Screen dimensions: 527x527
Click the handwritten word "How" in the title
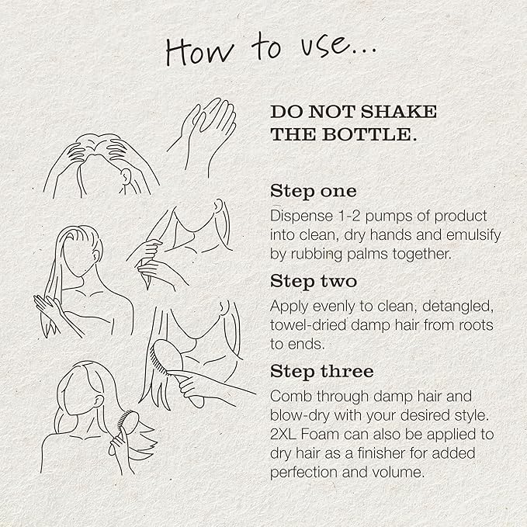[x=199, y=50]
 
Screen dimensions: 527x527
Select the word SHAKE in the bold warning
[x=399, y=112]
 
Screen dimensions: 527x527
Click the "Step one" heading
[x=314, y=192]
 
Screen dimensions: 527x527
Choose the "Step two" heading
[x=314, y=281]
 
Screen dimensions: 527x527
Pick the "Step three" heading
[x=321, y=372]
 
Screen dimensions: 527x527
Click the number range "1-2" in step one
[x=349, y=216]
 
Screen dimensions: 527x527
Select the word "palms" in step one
[x=368, y=255]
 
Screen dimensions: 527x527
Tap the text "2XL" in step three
[x=283, y=435]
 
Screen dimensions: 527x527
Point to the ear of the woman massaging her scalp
[x=126, y=175]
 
